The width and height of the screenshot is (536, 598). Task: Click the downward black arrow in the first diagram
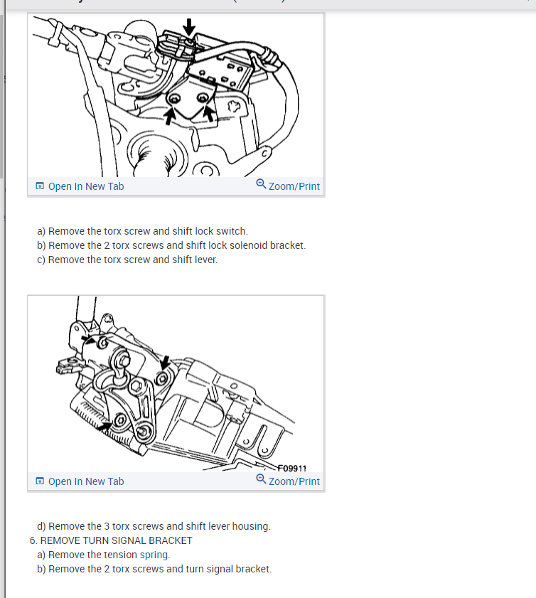[188, 27]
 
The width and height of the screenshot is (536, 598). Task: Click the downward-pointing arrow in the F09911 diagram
[165, 363]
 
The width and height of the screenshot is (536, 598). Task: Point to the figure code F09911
[291, 468]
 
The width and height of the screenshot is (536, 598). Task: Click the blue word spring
[154, 555]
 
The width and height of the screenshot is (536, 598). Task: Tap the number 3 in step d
[107, 526]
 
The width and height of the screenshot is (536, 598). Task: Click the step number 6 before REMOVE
[33, 541]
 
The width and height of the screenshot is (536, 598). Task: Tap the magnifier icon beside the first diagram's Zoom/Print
[261, 184]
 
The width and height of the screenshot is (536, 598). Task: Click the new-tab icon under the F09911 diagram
[40, 481]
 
